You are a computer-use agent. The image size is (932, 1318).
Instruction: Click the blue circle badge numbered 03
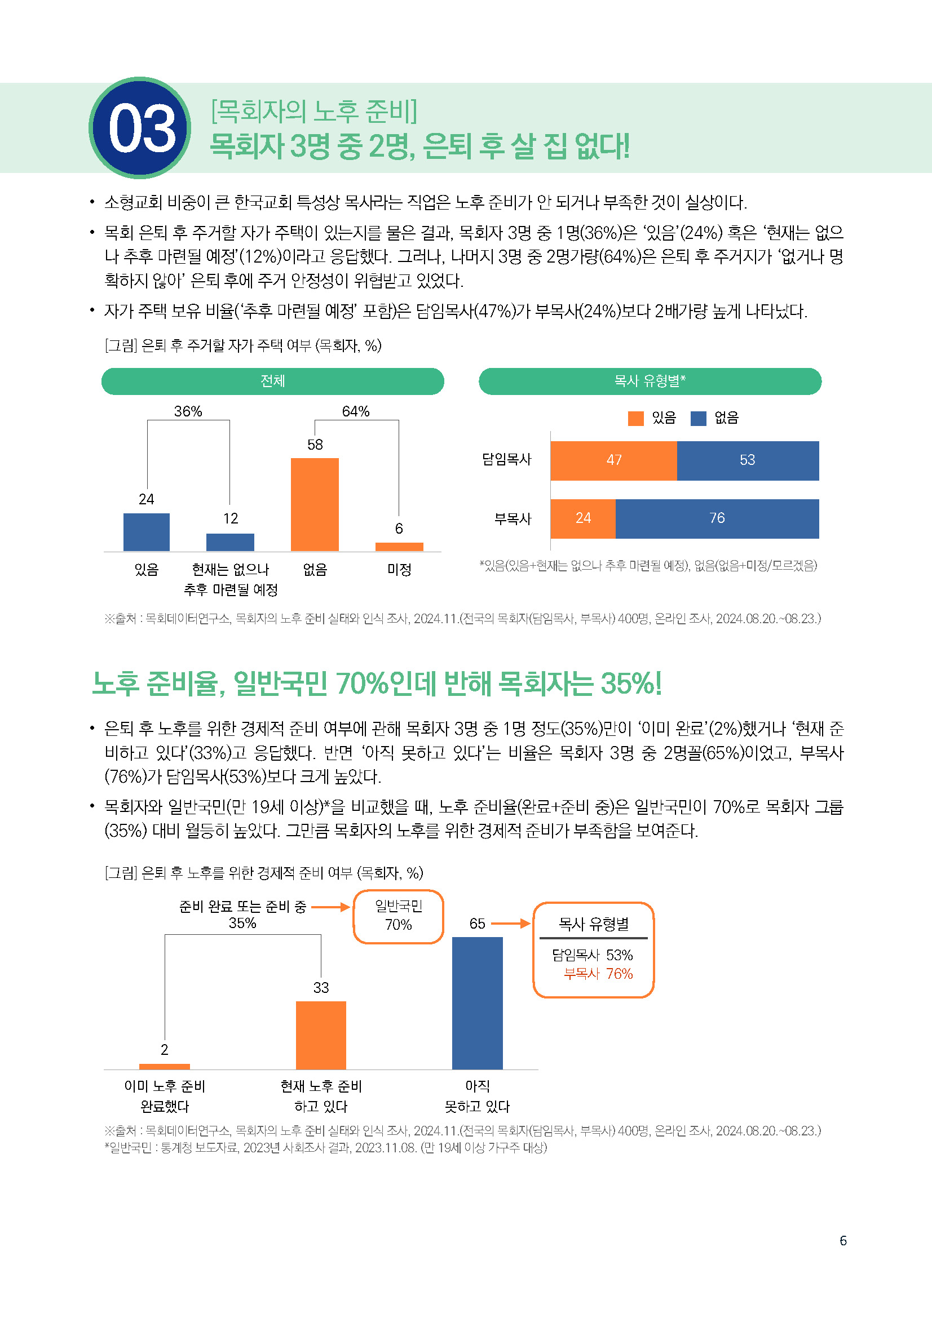140,128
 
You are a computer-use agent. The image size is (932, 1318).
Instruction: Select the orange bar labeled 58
315,504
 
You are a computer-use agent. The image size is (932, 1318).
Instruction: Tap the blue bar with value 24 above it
147,531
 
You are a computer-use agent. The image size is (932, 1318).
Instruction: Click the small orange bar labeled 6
399,547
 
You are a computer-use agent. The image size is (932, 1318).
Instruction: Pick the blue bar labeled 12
230,542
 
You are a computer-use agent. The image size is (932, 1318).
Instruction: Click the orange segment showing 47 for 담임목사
613,460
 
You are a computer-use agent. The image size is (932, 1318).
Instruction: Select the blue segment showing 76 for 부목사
717,518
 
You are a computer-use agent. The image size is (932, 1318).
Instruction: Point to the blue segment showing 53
747,460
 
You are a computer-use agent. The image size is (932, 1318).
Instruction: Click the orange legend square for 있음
635,419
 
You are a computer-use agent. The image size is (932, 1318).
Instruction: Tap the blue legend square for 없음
698,419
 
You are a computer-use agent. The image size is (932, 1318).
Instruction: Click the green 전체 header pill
273,381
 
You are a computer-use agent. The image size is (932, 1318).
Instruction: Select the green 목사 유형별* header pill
650,381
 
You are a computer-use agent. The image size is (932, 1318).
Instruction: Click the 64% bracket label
355,411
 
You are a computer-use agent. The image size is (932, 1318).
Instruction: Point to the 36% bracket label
188,411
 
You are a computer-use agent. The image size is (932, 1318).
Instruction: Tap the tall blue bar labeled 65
477,1003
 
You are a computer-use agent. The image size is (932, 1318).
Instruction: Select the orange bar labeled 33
321,1035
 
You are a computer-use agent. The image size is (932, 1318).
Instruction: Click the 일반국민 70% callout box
398,916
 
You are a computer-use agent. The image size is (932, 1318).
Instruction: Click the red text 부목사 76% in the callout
598,974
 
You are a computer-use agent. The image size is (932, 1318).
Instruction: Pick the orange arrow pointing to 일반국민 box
330,907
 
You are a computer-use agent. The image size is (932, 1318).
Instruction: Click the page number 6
843,1240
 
